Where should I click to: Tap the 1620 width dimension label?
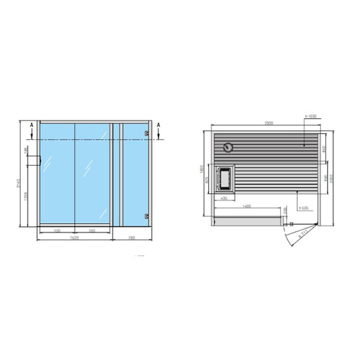[74, 238]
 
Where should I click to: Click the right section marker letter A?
[159, 126]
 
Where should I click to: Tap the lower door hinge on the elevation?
[146, 215]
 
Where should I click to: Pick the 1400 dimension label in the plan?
[246, 206]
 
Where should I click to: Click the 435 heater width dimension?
[223, 197]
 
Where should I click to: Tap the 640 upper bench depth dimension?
[324, 148]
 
